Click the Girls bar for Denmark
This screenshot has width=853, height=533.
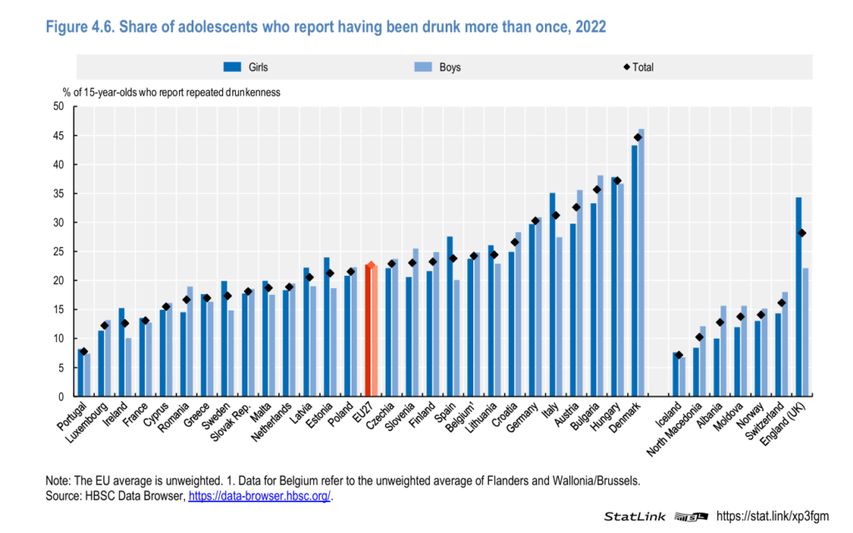[x=634, y=271]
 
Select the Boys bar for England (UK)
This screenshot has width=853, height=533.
[x=806, y=331]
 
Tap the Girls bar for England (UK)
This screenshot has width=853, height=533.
[x=799, y=296]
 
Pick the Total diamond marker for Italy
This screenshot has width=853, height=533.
[x=556, y=216]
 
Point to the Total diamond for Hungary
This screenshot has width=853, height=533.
[x=617, y=181]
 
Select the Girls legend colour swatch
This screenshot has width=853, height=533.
[x=232, y=67]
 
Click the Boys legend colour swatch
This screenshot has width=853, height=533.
[x=423, y=67]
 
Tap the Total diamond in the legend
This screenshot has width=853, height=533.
[x=626, y=67]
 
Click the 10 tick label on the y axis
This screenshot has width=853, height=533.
[x=58, y=338]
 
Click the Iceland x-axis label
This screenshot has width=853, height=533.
[x=668, y=415]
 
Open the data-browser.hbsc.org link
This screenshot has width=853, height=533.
[x=259, y=496]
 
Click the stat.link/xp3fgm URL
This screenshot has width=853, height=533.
[x=772, y=516]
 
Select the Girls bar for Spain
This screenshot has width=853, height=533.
[x=450, y=316]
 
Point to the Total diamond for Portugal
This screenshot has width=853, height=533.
[x=84, y=352]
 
